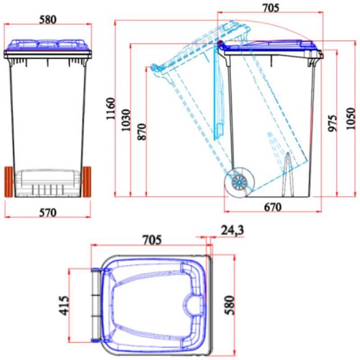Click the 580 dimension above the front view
click(48, 19)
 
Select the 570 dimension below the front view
click(48, 213)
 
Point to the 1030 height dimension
click(126, 120)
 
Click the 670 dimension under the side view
click(272, 207)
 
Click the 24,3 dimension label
click(231, 229)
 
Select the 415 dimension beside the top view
click(63, 305)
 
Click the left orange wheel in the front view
click(10, 181)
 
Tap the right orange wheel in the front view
click(87, 181)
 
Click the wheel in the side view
click(239, 182)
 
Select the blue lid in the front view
click(48, 45)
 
